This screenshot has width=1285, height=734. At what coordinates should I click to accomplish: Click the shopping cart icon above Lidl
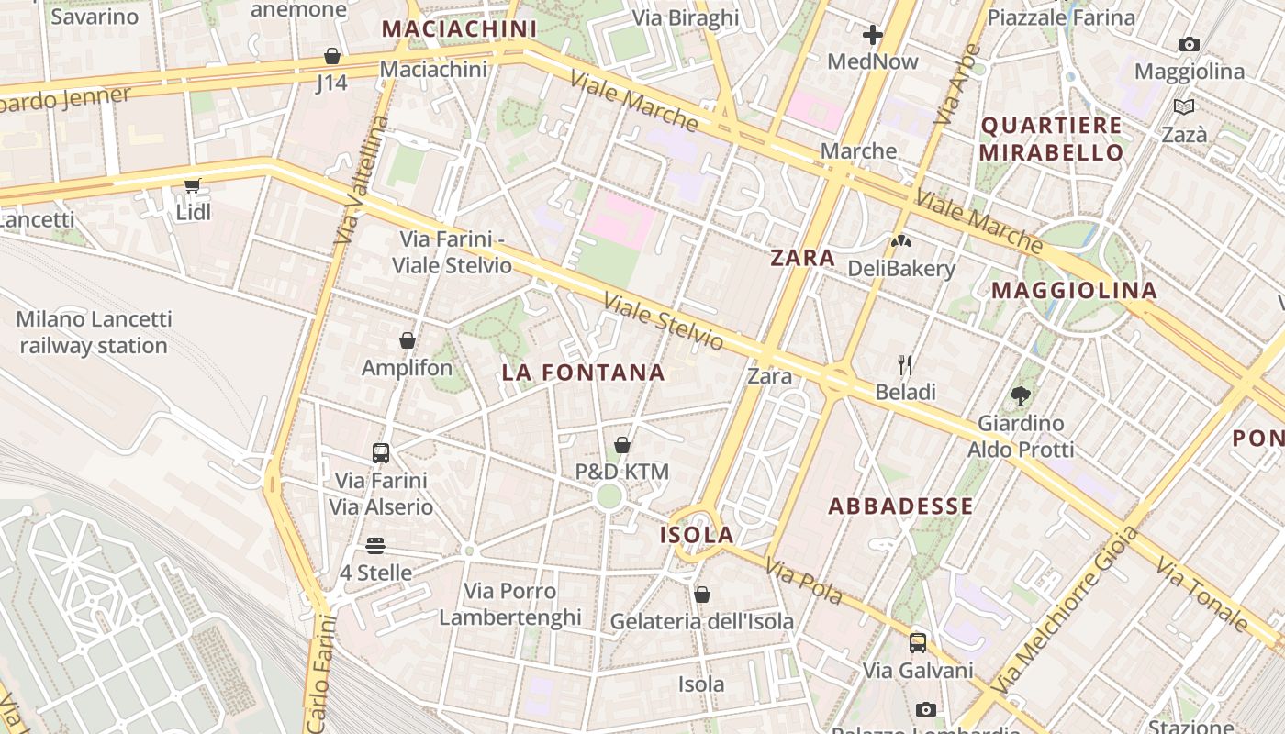tap(192, 186)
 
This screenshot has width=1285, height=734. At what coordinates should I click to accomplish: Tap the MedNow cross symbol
tap(872, 36)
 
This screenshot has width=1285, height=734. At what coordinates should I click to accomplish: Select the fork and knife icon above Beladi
tap(905, 365)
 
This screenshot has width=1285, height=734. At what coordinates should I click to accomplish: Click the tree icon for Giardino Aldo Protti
tap(1020, 396)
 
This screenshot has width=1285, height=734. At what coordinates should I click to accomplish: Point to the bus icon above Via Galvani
tap(918, 643)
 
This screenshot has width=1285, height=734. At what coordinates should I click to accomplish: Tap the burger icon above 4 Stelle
tap(374, 546)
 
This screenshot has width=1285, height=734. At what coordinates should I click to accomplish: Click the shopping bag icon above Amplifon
tap(408, 340)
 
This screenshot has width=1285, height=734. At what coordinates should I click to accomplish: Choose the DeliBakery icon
tap(901, 241)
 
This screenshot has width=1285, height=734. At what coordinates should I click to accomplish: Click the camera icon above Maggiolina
tap(1189, 44)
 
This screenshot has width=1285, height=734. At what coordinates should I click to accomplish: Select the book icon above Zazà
tap(1184, 107)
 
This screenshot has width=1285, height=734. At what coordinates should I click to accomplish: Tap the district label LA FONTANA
tap(583, 373)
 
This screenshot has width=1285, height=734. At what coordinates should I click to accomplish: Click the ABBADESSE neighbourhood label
tap(900, 506)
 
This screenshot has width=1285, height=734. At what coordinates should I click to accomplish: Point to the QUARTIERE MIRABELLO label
tap(1051, 139)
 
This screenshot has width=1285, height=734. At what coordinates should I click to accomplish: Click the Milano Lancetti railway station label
tap(94, 333)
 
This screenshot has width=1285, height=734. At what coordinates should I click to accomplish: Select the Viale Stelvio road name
tap(663, 321)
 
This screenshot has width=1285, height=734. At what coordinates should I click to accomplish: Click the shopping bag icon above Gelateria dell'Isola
tap(702, 595)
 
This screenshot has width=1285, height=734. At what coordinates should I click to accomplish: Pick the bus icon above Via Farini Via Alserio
tap(381, 452)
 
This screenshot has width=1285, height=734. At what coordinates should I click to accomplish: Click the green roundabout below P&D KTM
tap(609, 497)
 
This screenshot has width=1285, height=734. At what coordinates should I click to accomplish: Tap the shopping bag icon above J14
tap(331, 56)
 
